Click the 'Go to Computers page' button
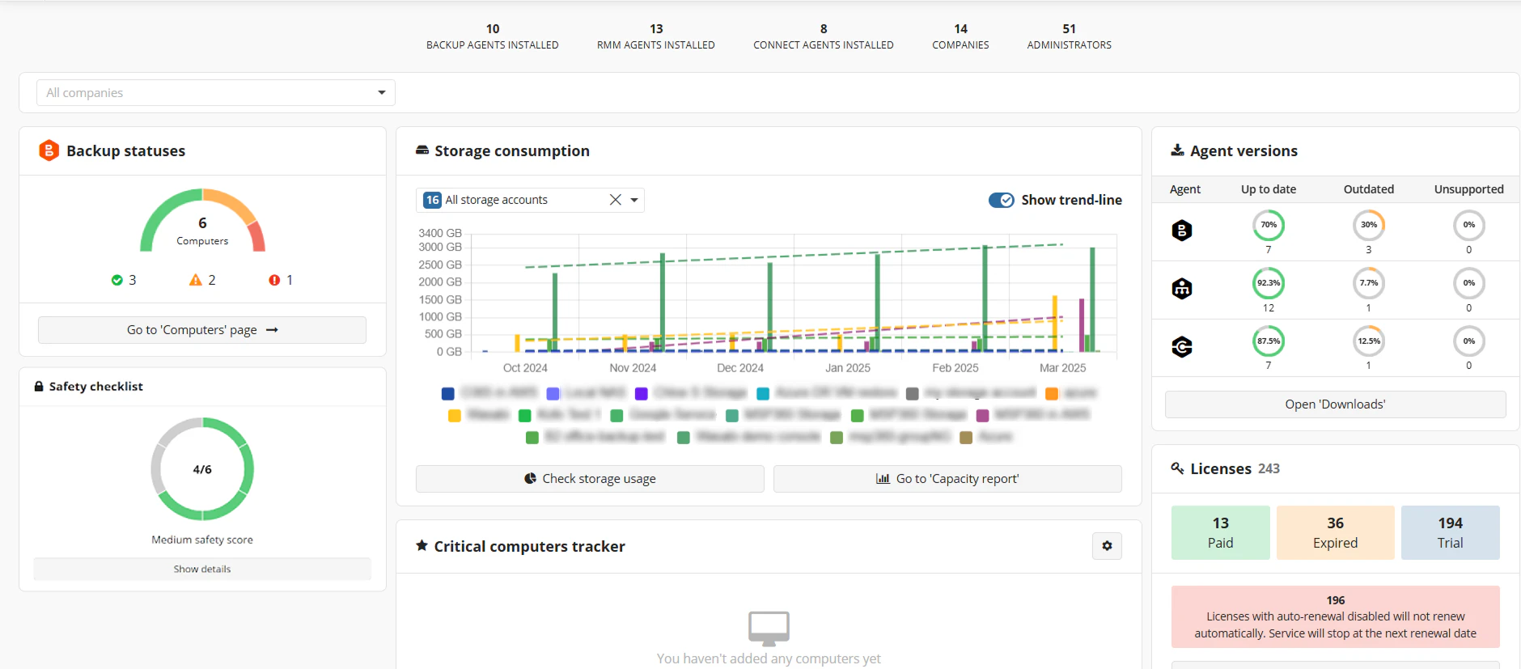[202, 330]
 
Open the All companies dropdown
[215, 93]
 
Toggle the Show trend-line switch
[1002, 200]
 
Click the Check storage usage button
[590, 479]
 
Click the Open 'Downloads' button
[1335, 404]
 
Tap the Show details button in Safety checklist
[202, 569]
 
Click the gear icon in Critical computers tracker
[1107, 546]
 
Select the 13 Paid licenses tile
[1220, 532]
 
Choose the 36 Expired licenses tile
[1335, 532]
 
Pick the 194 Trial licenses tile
[1450, 532]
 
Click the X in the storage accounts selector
[616, 200]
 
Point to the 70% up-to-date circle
[1268, 225]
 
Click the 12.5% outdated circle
[1368, 341]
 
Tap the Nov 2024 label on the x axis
[633, 368]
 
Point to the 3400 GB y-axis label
[439, 233]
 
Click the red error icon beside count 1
[274, 280]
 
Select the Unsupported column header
[1468, 189]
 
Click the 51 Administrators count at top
[1069, 29]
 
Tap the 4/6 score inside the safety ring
[202, 469]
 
